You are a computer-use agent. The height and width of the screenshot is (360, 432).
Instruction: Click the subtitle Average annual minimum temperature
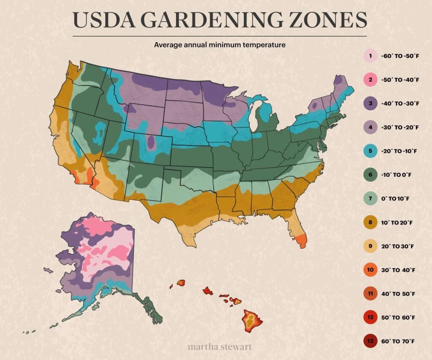pyautogui.click(x=219, y=44)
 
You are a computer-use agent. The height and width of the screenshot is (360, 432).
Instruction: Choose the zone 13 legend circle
pyautogui.click(x=370, y=341)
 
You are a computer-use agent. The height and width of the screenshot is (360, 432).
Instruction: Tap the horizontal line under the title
pyautogui.click(x=219, y=36)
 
